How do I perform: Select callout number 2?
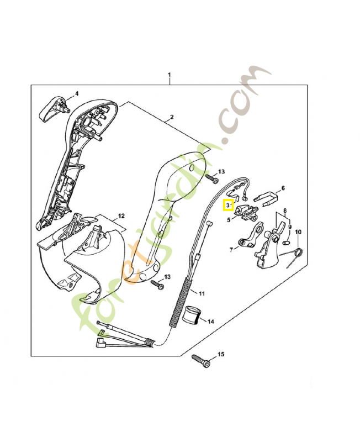172,117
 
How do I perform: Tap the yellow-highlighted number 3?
227,205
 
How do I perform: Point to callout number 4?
77,93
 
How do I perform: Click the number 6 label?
283,188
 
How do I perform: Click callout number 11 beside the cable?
202,292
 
